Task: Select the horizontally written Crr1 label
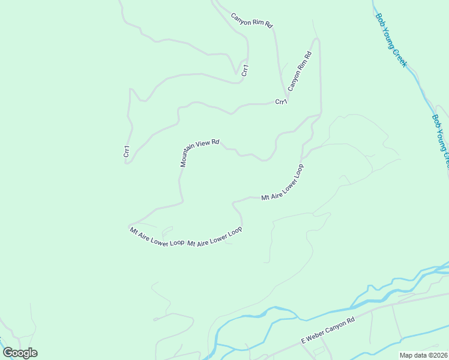(x=281, y=102)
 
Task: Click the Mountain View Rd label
(x=199, y=149)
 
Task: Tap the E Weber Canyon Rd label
(x=328, y=331)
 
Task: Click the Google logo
(x=20, y=353)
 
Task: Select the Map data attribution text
(x=424, y=355)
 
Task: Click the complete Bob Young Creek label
(x=391, y=40)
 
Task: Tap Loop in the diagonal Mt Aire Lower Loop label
(x=298, y=170)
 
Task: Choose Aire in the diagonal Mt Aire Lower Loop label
(x=273, y=193)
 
